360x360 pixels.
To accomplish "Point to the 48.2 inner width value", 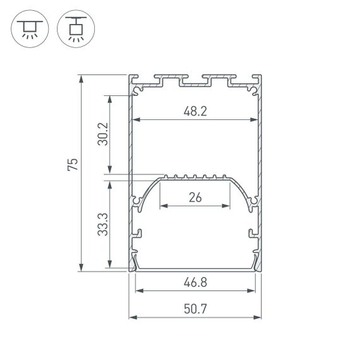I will (195, 111).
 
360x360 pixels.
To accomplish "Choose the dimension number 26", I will (195, 198).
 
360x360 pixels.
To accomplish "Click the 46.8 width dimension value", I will (195, 283).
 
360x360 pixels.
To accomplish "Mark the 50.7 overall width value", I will (195, 309).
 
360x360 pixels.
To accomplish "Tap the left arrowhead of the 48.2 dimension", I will (136, 119).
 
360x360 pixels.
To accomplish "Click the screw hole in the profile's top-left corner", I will (136, 90).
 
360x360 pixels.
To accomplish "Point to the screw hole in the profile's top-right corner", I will (254, 90).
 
